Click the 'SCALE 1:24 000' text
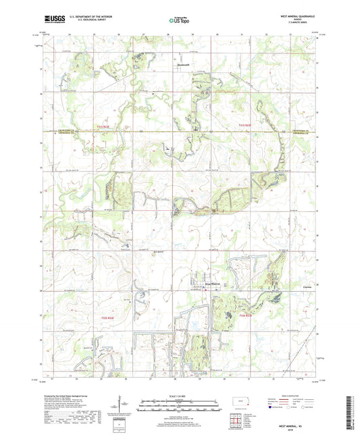point(180,394)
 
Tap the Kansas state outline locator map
point(241,404)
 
